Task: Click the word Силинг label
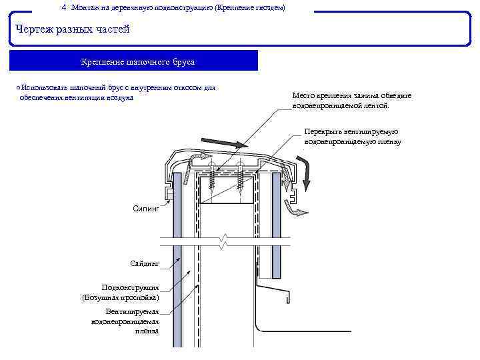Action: coord(146,209)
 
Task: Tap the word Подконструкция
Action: coord(130,287)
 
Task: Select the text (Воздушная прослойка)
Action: coord(121,297)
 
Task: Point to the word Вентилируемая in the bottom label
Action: coord(132,311)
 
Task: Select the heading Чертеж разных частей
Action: coord(72,29)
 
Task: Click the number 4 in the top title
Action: coord(63,7)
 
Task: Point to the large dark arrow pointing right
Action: coord(223,143)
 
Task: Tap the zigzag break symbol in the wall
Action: coord(227,239)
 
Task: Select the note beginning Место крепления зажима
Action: coord(351,100)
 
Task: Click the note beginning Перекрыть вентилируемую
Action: coord(351,137)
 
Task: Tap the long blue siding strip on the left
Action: coord(177,280)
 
